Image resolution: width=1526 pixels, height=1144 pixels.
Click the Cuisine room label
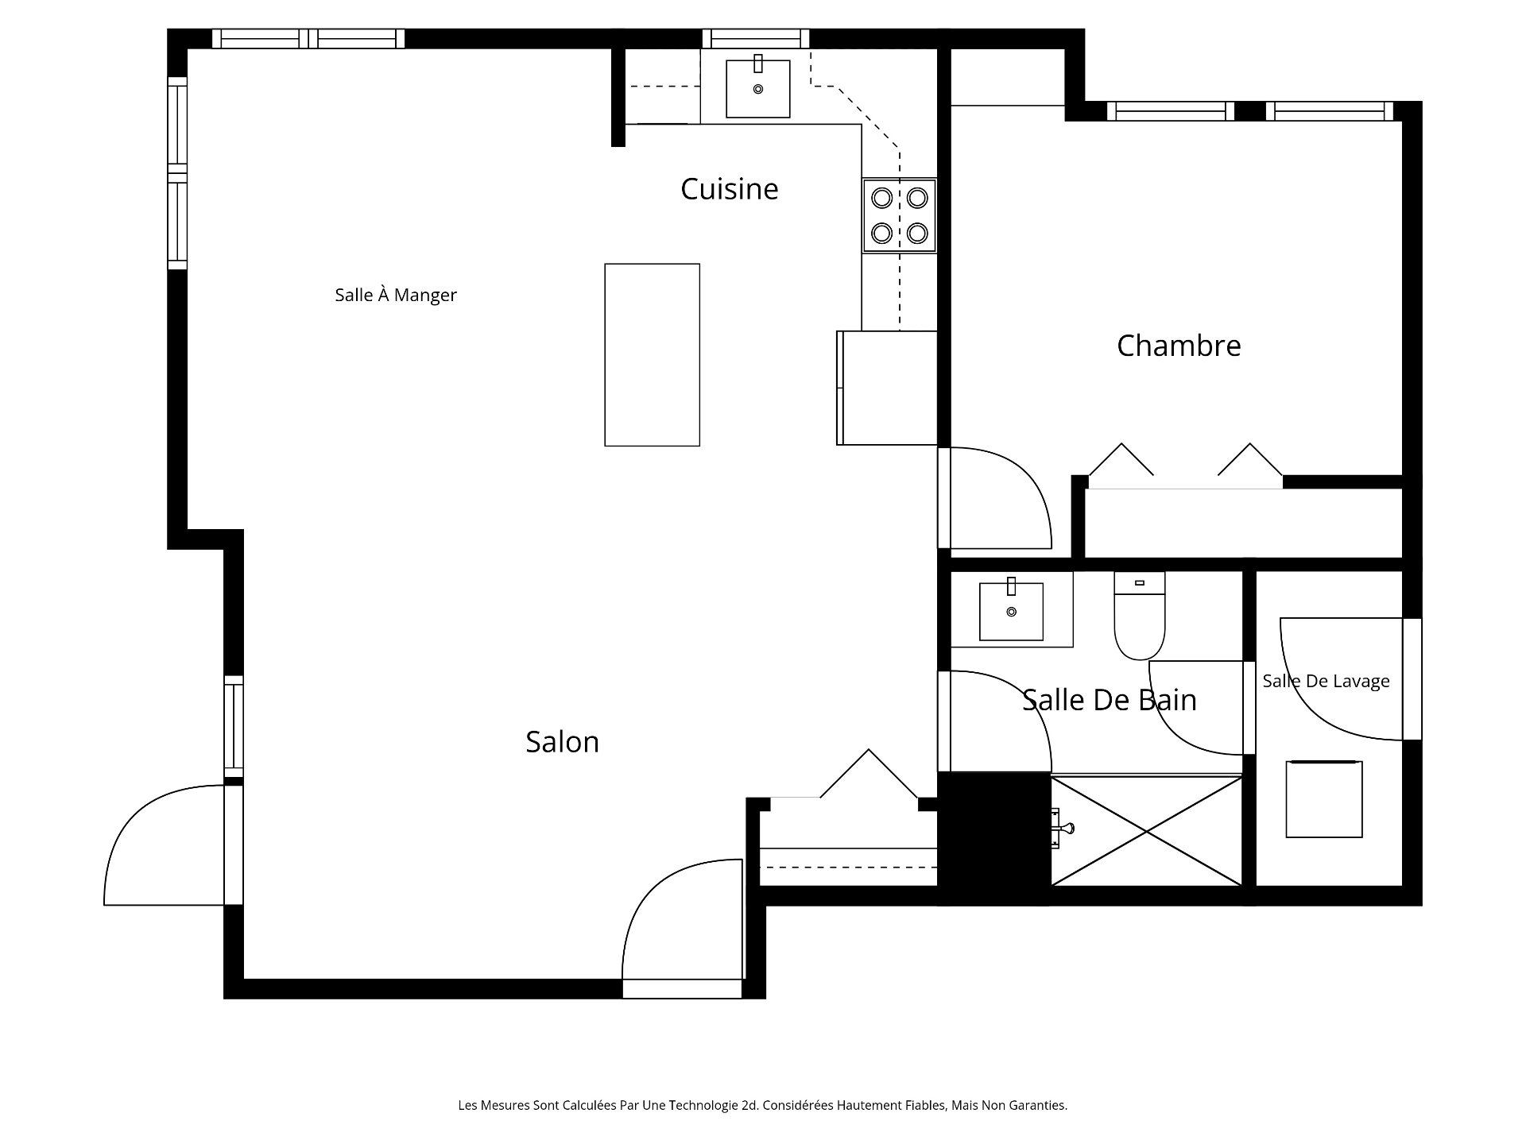click(729, 189)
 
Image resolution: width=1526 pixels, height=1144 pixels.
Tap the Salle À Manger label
click(396, 295)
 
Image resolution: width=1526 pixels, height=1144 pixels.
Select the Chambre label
click(1178, 346)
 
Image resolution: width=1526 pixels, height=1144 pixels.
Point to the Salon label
click(562, 742)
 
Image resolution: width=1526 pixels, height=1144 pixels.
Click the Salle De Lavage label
click(1326, 681)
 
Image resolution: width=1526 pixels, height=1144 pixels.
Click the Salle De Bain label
click(1109, 700)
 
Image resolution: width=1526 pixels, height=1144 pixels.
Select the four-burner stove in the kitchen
click(899, 215)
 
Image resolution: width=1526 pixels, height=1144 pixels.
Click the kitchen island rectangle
click(652, 354)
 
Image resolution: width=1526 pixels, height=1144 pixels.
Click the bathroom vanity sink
click(1011, 611)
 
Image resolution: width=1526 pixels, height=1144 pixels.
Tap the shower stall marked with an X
click(1146, 830)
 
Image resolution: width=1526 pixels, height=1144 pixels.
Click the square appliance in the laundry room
click(1323, 798)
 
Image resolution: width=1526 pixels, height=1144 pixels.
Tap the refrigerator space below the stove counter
click(889, 388)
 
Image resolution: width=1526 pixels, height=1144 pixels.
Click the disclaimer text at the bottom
click(762, 1105)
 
